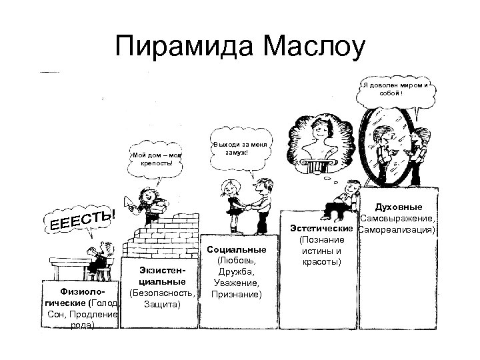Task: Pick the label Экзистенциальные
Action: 158,277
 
